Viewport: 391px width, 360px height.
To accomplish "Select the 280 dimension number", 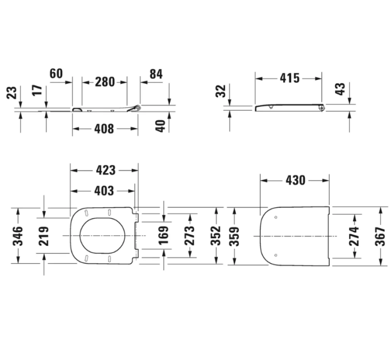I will [x=104, y=82].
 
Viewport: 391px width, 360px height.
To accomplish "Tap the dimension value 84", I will [x=156, y=73].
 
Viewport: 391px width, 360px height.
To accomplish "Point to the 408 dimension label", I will [x=104, y=129].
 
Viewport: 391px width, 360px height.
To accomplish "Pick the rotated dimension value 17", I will [x=37, y=91].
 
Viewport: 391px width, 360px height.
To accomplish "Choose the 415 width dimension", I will [x=289, y=78].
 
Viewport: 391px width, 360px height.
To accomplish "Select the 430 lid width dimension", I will [x=295, y=180].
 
